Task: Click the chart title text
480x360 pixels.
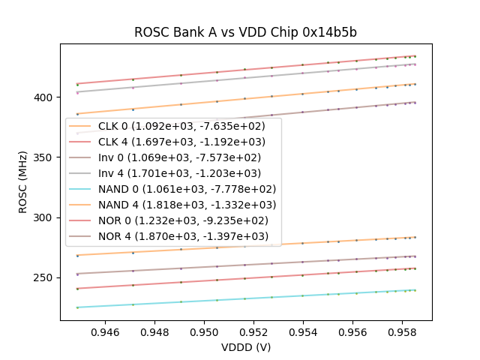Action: (x=245, y=32)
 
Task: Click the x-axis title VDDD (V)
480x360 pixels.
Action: (x=245, y=347)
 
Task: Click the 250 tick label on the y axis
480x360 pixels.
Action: (x=46, y=277)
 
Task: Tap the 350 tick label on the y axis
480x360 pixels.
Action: (x=46, y=157)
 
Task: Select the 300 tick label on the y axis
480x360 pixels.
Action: (x=46, y=217)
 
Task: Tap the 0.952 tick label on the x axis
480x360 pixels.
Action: (x=253, y=331)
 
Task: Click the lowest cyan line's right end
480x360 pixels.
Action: (x=415, y=290)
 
